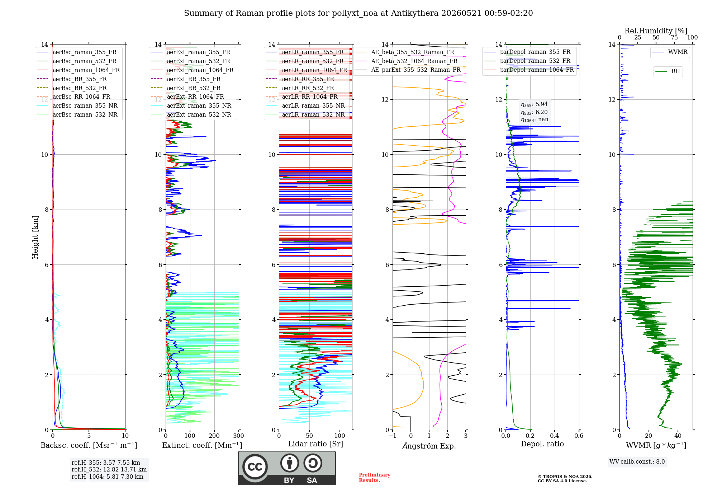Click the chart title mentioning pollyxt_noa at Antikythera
point(358,13)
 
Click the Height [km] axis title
point(35,237)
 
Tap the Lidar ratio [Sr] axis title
point(315,444)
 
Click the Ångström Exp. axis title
point(429,446)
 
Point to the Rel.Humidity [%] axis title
point(656,31)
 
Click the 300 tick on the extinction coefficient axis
point(238,436)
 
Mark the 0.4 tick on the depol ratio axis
point(555,436)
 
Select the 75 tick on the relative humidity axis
point(674,38)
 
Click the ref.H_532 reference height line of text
point(109,469)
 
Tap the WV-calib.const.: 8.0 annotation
point(637,462)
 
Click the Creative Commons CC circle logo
point(255,467)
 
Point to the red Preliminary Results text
point(375,478)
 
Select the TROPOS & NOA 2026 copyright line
point(565,477)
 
